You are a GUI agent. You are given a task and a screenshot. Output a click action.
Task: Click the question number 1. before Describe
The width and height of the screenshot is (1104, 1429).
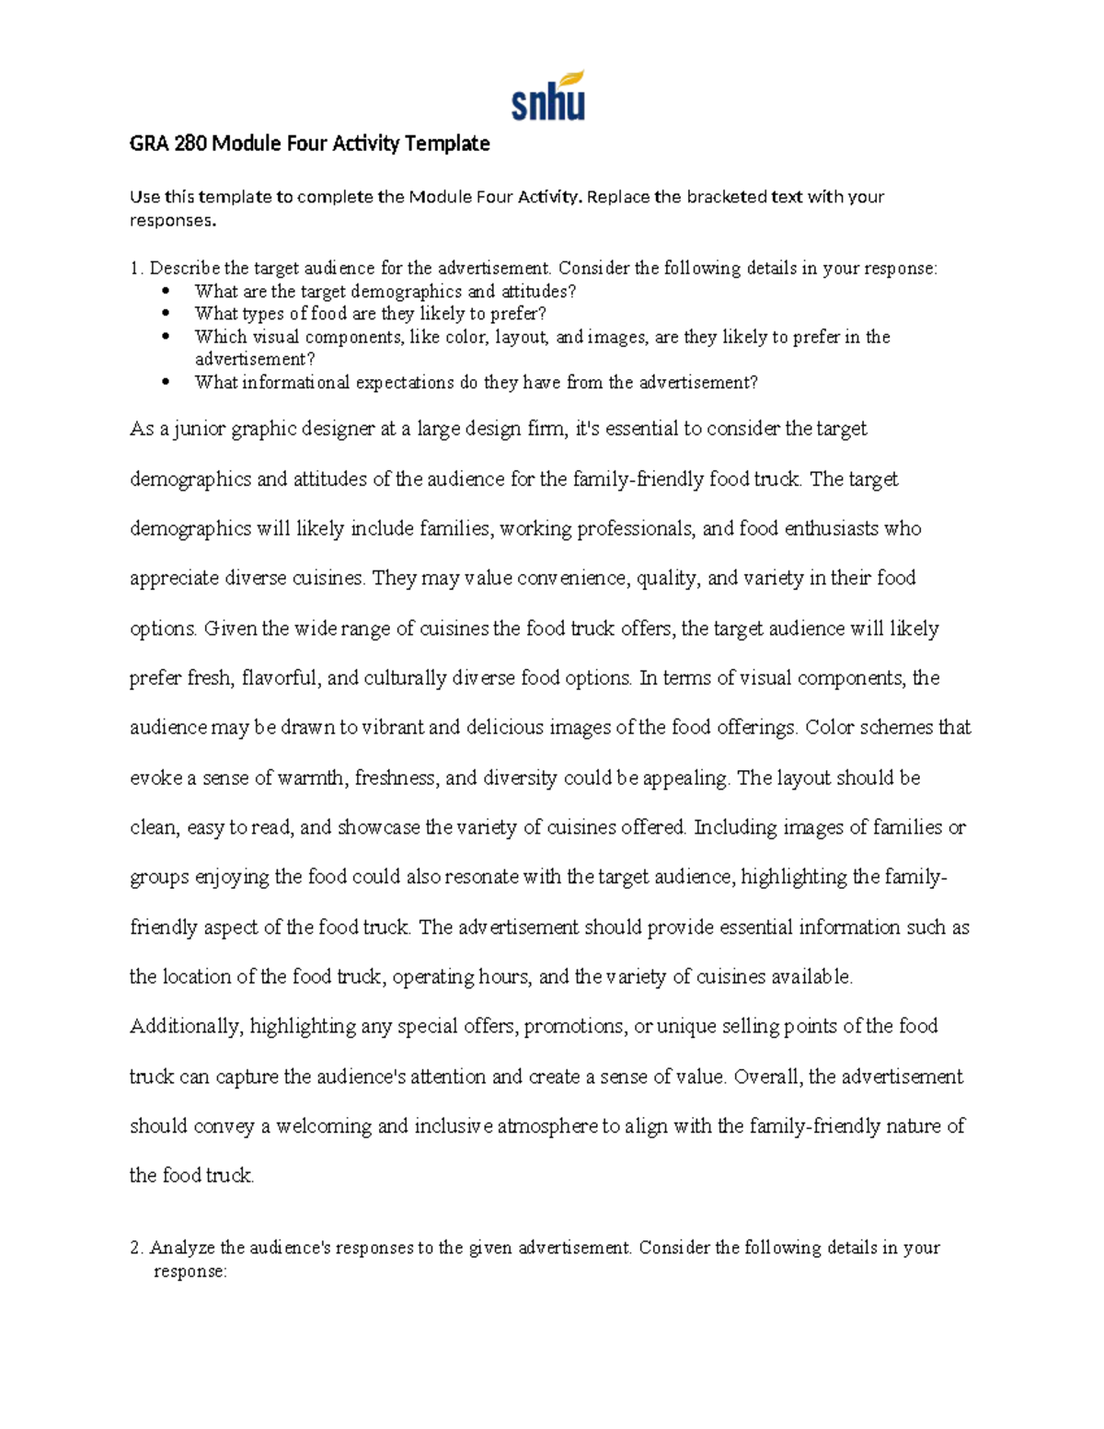point(136,269)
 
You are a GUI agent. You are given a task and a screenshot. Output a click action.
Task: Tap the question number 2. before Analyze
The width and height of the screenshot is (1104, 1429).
point(136,1249)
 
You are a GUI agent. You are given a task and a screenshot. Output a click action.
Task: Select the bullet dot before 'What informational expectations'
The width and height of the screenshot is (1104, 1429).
point(166,383)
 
